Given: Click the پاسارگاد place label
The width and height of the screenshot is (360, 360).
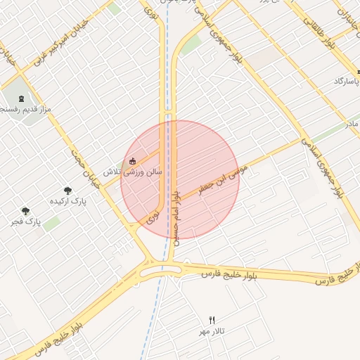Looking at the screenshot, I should click(x=347, y=82).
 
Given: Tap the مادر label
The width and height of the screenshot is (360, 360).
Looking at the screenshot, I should click(x=352, y=124).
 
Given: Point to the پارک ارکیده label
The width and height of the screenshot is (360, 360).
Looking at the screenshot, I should click(x=67, y=201).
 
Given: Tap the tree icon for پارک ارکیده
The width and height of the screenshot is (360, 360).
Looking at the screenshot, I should click(x=67, y=191).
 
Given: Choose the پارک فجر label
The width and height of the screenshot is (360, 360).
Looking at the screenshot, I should click(x=26, y=222).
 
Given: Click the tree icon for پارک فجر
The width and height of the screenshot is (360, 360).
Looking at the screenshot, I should click(x=26, y=211).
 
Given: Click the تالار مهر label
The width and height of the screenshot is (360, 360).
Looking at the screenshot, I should click(x=213, y=331).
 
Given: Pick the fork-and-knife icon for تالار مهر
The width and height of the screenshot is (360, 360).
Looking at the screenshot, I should click(x=212, y=320).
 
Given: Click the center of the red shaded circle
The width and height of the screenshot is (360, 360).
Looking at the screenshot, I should click(x=180, y=180).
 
